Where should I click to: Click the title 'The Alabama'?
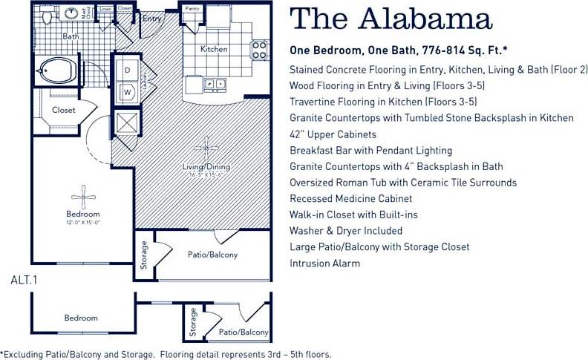point(390,20)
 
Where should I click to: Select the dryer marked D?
point(127,70)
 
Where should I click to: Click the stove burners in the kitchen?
point(259,50)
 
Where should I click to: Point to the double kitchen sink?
point(215,85)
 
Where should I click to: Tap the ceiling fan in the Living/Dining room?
point(206,145)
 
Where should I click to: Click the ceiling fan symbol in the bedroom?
point(82,197)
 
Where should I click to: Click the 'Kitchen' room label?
point(215,50)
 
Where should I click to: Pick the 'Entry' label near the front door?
point(153,19)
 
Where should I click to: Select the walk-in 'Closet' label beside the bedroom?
point(63,111)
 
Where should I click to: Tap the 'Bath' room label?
point(71,36)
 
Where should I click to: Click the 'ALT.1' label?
point(24,281)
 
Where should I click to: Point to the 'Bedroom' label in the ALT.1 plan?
point(80,318)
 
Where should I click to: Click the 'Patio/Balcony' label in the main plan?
point(212,255)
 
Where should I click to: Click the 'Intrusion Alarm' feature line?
point(324,263)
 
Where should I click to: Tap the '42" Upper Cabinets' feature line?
point(333,134)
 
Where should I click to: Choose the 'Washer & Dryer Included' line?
point(345,231)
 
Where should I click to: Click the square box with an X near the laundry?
point(125,122)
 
